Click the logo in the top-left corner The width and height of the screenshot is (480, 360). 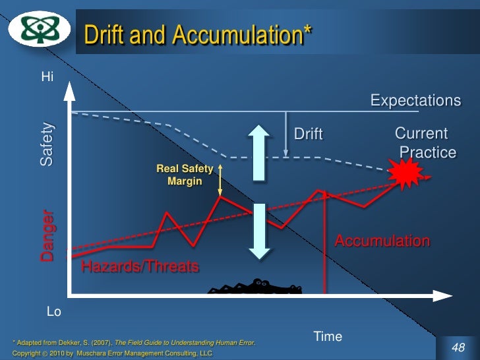pyautogui.click(x=38, y=30)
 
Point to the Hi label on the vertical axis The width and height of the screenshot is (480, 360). pyautogui.click(x=47, y=76)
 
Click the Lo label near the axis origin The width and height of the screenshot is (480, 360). pyautogui.click(x=54, y=312)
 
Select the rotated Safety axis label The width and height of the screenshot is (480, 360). pyautogui.click(x=47, y=144)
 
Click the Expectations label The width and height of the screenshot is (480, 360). pyautogui.click(x=415, y=101)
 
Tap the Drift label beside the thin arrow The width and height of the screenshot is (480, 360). pyautogui.click(x=308, y=135)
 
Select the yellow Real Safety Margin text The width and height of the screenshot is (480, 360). pyautogui.click(x=185, y=175)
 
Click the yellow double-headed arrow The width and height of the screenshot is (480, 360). pyautogui.click(x=220, y=181)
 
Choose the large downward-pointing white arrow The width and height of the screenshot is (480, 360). pyautogui.click(x=259, y=231)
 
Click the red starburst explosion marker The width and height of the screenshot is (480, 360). pyautogui.click(x=405, y=175)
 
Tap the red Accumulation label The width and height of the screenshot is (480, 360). pyautogui.click(x=382, y=241)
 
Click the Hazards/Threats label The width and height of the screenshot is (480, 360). pyautogui.click(x=139, y=267)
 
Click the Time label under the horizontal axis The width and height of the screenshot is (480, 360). pyautogui.click(x=328, y=337)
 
